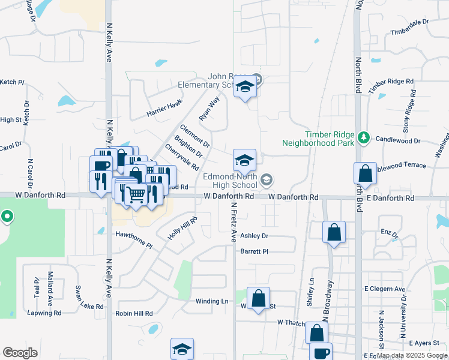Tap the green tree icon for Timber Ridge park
[x=363, y=137]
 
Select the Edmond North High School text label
[x=230, y=181]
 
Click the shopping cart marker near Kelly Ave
[x=137, y=194]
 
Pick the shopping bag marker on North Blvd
[x=365, y=175]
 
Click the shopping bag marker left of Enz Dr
[x=334, y=233]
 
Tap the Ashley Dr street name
[x=254, y=236]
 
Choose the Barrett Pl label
[x=254, y=251]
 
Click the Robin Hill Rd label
[x=134, y=313]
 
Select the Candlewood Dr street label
[x=398, y=140]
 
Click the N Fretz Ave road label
[x=233, y=222]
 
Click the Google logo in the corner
[x=20, y=352]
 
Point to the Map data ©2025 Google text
[x=412, y=355]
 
